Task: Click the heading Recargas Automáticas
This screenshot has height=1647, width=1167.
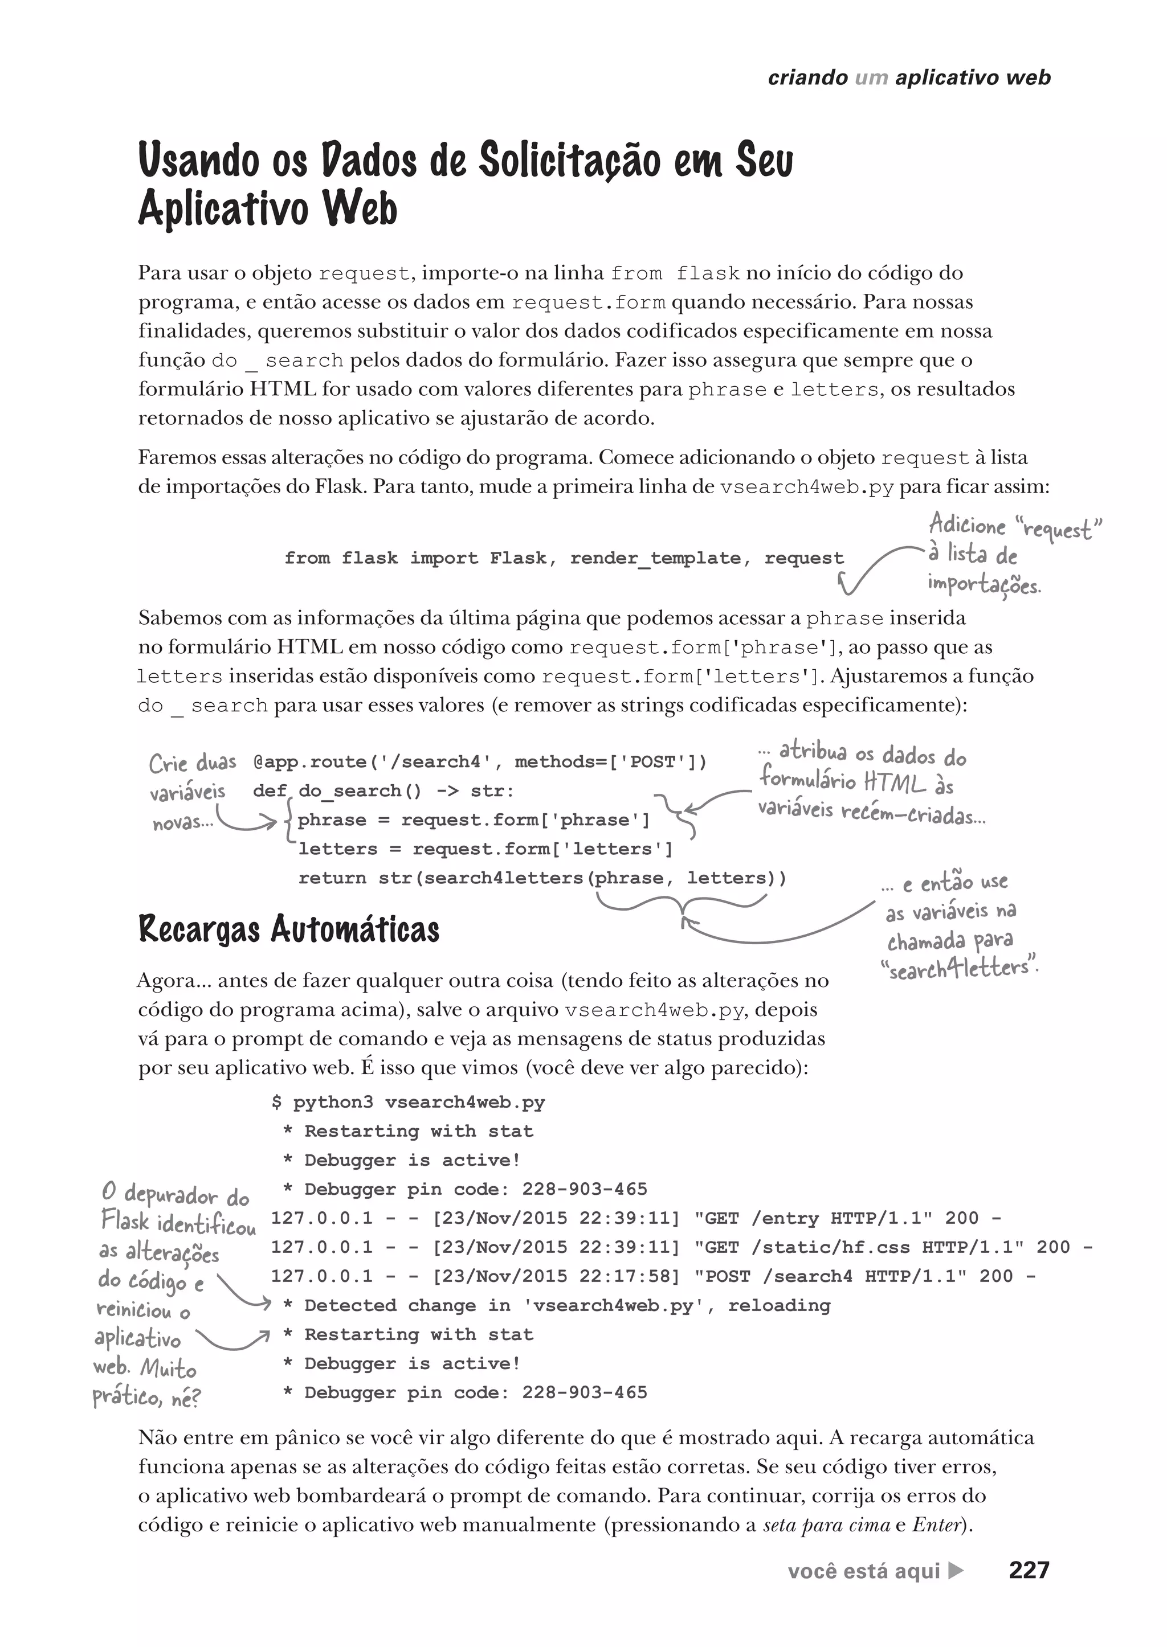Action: point(288,929)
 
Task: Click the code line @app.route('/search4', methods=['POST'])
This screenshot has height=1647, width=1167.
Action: point(480,761)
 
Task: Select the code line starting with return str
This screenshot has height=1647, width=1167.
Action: point(542,878)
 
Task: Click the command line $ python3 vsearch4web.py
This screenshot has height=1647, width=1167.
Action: point(408,1103)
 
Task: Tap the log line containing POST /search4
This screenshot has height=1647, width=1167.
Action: point(653,1276)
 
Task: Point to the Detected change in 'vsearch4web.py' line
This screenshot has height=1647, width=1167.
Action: point(557,1305)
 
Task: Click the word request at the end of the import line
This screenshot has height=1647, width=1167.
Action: point(803,558)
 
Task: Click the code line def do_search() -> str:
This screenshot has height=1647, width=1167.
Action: point(383,791)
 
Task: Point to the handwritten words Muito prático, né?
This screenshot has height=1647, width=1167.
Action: point(148,1383)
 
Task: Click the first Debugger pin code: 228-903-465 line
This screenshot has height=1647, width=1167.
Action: point(465,1190)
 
